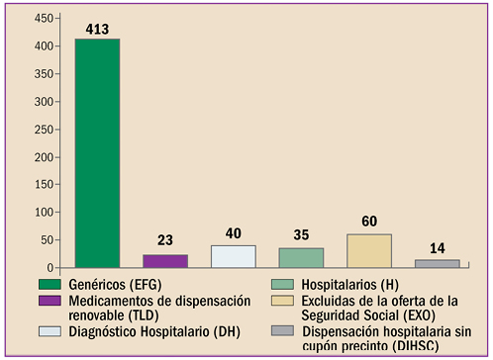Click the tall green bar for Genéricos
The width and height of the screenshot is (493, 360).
coord(97,153)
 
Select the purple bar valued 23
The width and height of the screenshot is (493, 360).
coord(165,261)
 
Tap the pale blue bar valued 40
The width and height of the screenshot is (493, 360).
coord(233,256)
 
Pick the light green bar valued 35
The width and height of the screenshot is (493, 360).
coord(301,257)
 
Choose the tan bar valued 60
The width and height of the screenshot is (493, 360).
coord(368,250)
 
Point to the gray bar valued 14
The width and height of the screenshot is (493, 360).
coord(437,263)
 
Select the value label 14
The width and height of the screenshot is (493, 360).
coord(437,249)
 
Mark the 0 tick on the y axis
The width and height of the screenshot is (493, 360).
coord(48,268)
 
